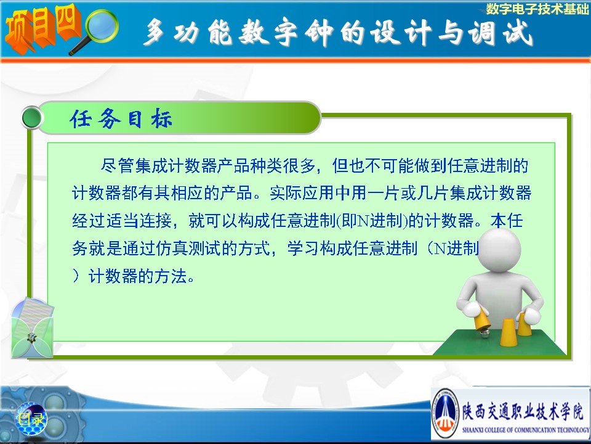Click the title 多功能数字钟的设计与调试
(x=338, y=33)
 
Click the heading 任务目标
(x=121, y=118)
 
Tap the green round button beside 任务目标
(x=32, y=118)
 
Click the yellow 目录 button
(x=31, y=419)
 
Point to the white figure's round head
(x=499, y=250)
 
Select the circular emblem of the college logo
(x=445, y=413)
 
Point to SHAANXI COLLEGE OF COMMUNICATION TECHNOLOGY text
(x=526, y=430)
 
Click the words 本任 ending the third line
(x=506, y=221)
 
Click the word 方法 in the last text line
(x=171, y=276)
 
